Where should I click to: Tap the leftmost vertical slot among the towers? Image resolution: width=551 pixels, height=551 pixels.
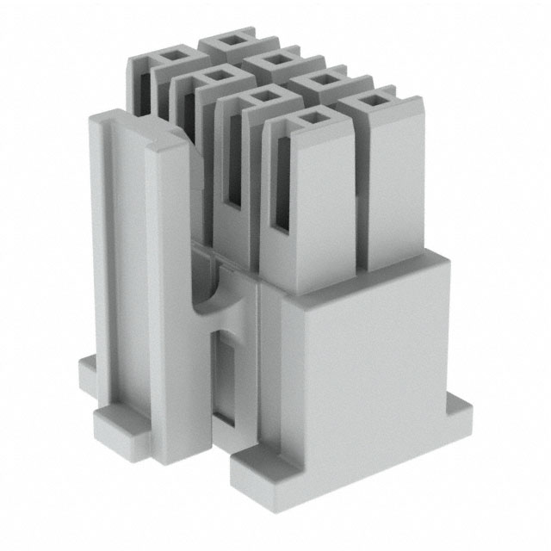[142, 86]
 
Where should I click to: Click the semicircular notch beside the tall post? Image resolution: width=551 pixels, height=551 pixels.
[207, 296]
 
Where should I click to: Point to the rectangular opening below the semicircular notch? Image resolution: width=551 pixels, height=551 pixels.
[226, 379]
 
